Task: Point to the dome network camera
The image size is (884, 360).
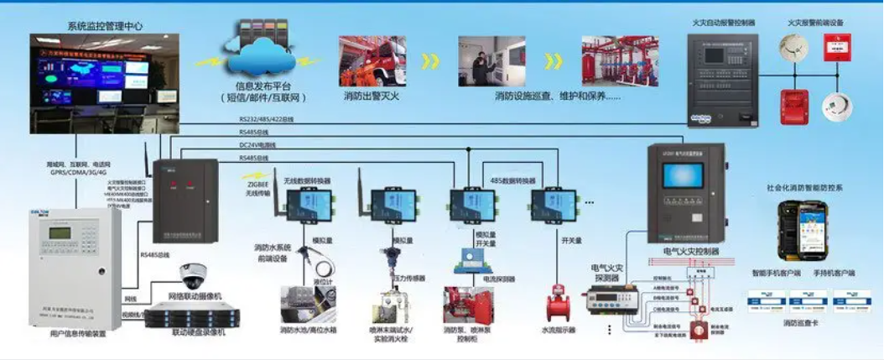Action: pos(192,274)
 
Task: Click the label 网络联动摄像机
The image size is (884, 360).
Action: pos(195,297)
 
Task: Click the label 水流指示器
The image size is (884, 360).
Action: pos(559,331)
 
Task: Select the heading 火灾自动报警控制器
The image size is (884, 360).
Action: pos(723,23)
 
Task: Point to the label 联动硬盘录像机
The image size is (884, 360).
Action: pos(198,332)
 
